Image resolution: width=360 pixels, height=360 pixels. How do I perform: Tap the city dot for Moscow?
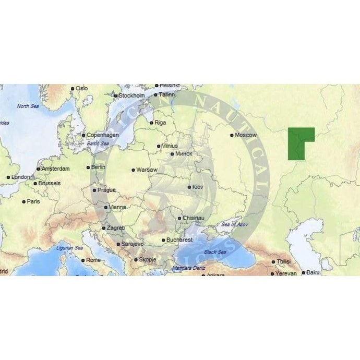(232, 135)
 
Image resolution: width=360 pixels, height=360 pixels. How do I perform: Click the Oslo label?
(82, 88)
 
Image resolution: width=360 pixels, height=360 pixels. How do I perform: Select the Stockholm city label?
(132, 96)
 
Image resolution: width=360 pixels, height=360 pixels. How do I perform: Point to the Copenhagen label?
(102, 135)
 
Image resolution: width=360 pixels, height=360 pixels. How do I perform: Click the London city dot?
(8, 177)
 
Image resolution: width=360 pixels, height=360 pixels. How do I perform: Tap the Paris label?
(33, 201)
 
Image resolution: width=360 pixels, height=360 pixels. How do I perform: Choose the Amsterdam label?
(55, 169)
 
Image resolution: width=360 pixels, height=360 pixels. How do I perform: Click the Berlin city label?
(98, 167)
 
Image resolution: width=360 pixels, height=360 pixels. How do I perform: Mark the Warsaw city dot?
(133, 170)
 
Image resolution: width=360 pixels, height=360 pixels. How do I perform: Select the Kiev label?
(198, 186)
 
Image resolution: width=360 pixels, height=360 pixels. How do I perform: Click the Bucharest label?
(179, 239)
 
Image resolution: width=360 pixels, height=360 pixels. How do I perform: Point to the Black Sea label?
(215, 252)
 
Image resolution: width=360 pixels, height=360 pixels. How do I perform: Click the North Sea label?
(28, 106)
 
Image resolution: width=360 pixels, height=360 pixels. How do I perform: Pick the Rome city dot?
(82, 260)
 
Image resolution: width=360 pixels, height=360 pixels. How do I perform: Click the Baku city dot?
(303, 272)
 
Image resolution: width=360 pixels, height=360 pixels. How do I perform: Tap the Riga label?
(160, 123)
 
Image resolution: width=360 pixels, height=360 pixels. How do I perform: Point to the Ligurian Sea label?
(70, 247)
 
